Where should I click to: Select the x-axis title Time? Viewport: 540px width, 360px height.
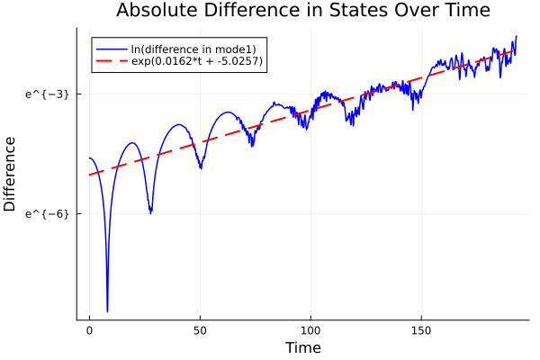(x=302, y=347)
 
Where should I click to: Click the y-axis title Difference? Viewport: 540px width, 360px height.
(x=11, y=174)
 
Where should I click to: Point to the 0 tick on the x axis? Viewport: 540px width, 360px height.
(x=89, y=331)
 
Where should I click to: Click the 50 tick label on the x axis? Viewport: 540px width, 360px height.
(x=200, y=331)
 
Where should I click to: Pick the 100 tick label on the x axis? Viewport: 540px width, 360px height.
(x=310, y=331)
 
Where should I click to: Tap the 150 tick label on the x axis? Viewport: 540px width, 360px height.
(x=421, y=331)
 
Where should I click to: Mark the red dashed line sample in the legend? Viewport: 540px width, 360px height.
(x=112, y=61)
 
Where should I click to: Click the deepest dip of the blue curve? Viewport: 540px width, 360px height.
(x=107, y=310)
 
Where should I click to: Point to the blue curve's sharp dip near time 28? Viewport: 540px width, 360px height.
(x=150, y=212)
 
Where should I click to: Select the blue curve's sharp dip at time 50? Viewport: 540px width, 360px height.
(x=200, y=167)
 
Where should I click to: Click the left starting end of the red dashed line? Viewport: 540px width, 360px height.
(x=89, y=175)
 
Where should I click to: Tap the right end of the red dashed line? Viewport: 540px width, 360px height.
(x=515, y=49)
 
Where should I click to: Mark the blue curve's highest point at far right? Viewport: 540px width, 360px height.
(x=516, y=36)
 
